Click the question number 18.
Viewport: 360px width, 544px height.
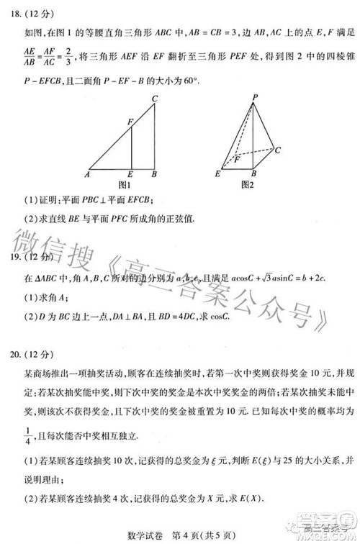(x=16, y=13)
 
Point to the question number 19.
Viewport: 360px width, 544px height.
(x=16, y=258)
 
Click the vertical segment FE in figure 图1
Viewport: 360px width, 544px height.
(x=131, y=150)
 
